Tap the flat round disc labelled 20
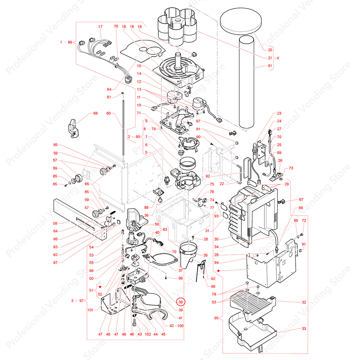pyautogui.click(x=242, y=21)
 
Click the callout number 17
pyautogui.click(x=100, y=27)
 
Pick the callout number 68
pyautogui.click(x=95, y=113)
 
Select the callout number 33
pyautogui.click(x=304, y=329)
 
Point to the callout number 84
pyautogui.click(x=110, y=89)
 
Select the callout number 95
pyautogui.click(x=217, y=318)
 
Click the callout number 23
pyautogui.click(x=279, y=114)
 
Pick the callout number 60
pyautogui.click(x=109, y=113)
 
